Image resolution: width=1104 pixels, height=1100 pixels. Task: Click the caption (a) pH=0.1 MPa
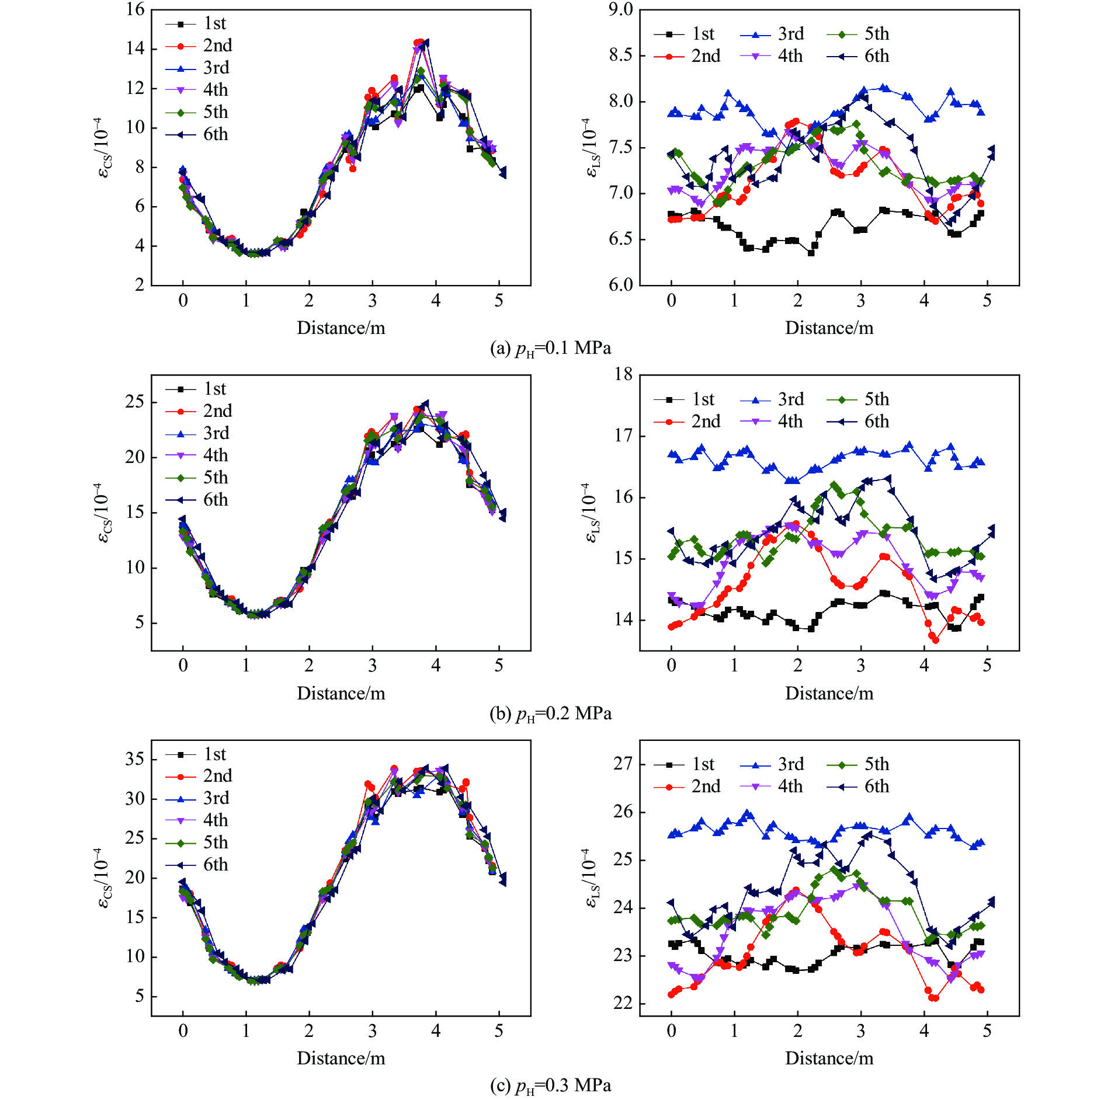pos(550,349)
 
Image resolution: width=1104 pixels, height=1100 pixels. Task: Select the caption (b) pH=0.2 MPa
pos(550,713)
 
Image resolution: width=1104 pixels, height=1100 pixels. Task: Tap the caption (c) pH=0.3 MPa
pos(550,1085)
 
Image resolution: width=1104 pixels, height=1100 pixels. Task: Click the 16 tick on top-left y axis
pos(136,10)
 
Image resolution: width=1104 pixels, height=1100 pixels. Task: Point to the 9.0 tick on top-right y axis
pos(620,10)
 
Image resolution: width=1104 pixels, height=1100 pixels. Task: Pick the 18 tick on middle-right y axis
pos(623,375)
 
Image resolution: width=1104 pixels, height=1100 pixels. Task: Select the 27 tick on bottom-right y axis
pos(623,764)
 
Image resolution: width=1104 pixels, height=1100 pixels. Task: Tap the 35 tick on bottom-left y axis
pos(135,759)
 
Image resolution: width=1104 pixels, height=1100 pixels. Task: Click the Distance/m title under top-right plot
pos(829,328)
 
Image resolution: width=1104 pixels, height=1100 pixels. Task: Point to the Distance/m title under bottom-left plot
pos(341,1058)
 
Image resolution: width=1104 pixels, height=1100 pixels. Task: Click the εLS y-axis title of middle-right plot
pos(591,513)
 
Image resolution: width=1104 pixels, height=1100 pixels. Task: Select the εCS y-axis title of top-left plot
pos(103,147)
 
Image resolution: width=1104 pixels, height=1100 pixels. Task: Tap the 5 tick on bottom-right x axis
pos(987,1031)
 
